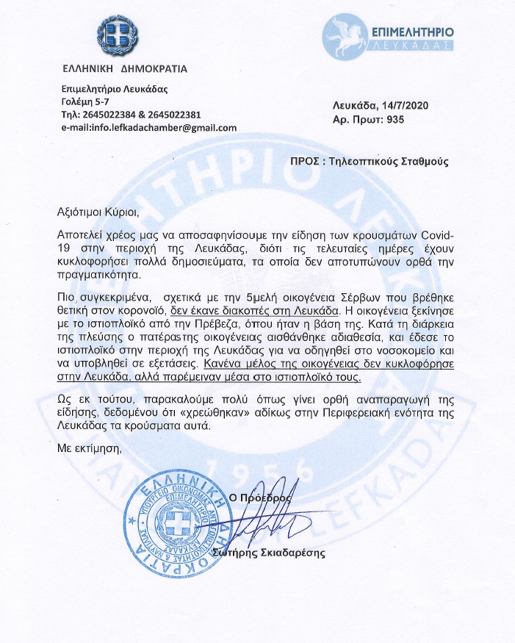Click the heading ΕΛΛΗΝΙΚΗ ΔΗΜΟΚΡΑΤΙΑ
125,70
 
